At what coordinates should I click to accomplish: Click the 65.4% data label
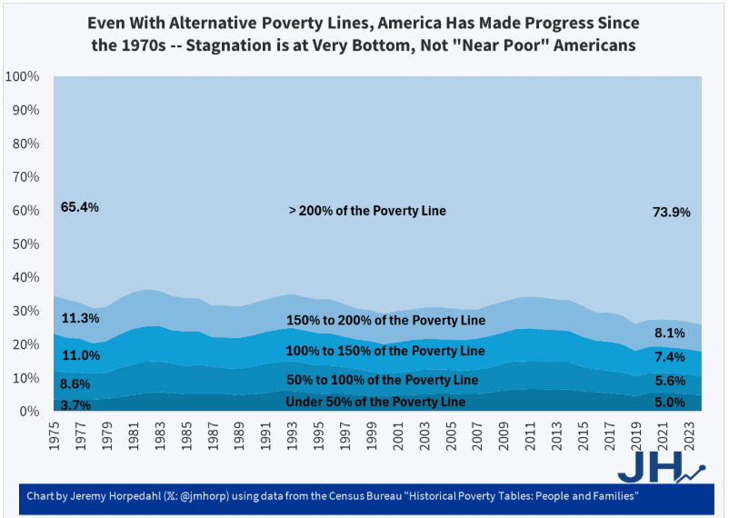coord(79,207)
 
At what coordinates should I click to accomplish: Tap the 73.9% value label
coord(672,212)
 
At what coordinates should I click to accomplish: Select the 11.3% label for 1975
coord(79,318)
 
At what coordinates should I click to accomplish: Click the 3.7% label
coord(75,405)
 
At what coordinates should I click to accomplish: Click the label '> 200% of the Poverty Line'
coord(367,211)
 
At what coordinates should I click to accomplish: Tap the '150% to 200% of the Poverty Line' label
coord(384,320)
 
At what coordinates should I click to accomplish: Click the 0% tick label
coord(29,412)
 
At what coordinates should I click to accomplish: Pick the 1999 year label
coord(371,433)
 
